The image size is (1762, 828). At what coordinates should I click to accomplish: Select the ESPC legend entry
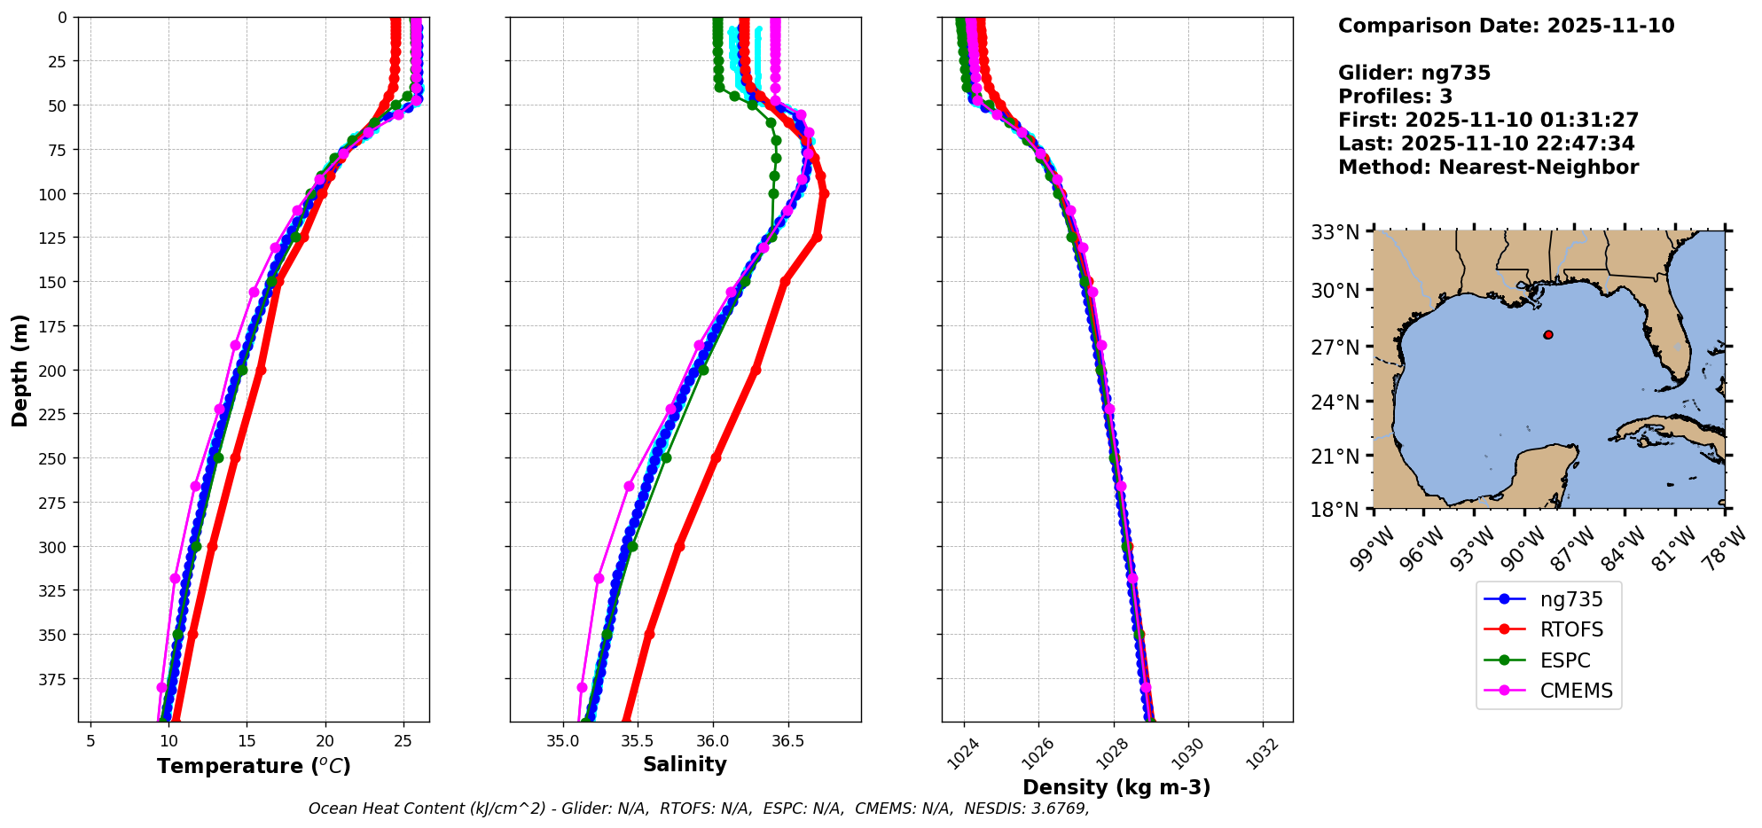1565,660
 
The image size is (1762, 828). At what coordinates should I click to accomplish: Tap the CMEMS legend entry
1576,691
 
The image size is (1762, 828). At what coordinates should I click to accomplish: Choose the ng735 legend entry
1571,599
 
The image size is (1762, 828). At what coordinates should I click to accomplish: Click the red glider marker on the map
1548,335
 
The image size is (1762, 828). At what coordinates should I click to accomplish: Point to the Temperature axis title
254,766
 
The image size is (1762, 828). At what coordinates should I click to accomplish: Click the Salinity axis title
685,765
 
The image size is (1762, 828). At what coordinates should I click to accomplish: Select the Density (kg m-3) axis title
1116,787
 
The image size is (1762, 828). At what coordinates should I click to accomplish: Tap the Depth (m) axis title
20,370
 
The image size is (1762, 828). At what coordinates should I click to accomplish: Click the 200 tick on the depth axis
55,371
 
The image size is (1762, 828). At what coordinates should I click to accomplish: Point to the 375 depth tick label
55,679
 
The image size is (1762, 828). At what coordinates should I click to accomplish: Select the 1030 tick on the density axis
1186,755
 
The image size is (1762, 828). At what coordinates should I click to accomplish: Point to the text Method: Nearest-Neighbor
1488,168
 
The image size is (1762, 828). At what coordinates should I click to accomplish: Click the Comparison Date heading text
1506,26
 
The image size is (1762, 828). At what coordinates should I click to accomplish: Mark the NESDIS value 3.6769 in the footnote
1057,808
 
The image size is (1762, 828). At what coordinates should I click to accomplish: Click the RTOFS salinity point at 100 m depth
824,193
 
